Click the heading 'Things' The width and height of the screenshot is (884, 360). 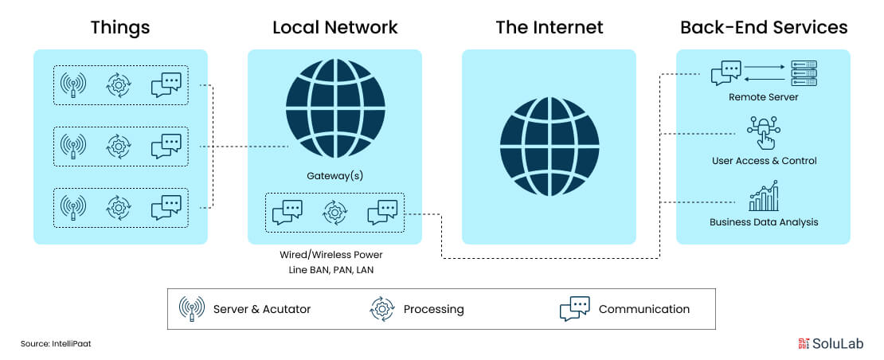pyautogui.click(x=120, y=27)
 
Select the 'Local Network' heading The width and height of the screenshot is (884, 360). pyautogui.click(x=334, y=27)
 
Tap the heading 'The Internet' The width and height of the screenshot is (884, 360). pyautogui.click(x=549, y=27)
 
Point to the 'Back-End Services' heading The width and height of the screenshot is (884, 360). pyautogui.click(x=763, y=27)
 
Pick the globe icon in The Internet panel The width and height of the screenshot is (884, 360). pyautogui.click(x=549, y=147)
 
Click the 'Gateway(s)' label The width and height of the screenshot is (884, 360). pyautogui.click(x=334, y=175)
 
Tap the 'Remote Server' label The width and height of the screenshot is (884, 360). pyautogui.click(x=763, y=97)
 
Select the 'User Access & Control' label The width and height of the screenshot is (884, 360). pyautogui.click(x=764, y=161)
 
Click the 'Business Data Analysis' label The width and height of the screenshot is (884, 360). pyautogui.click(x=764, y=221)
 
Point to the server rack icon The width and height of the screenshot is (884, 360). pyautogui.click(x=804, y=74)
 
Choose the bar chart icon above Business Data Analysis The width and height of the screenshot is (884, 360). pyautogui.click(x=764, y=197)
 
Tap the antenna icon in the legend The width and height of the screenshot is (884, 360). pyautogui.click(x=192, y=309)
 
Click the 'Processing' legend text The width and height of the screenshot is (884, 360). pyautogui.click(x=433, y=309)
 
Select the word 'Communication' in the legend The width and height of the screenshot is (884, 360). pyautogui.click(x=643, y=309)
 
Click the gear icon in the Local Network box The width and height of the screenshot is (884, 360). pyautogui.click(x=334, y=213)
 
